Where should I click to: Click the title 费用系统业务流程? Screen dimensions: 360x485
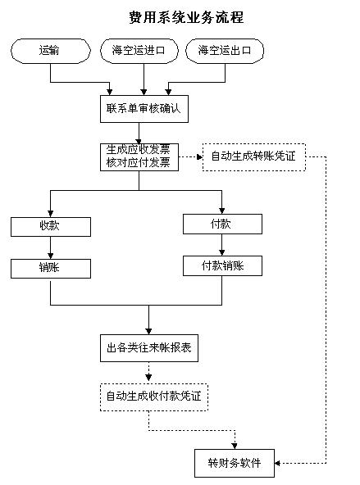point(186,17)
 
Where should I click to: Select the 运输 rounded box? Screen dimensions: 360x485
point(51,51)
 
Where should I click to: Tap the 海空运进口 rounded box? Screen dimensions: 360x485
point(139,51)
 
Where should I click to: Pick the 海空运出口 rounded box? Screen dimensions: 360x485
point(225,51)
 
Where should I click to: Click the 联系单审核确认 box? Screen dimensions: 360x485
point(144,109)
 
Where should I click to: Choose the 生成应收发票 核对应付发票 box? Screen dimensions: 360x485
point(139,156)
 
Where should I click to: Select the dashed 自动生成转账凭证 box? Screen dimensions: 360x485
point(254,156)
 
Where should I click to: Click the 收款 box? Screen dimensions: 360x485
point(51,227)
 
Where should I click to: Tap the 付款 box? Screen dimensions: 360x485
point(222,224)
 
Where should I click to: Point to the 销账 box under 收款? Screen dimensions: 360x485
point(51,269)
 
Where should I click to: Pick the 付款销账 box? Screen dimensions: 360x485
point(222,265)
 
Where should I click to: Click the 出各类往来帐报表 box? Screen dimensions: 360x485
point(149,348)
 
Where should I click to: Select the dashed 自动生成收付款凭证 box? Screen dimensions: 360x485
point(154,397)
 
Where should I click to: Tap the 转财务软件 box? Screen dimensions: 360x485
point(235,463)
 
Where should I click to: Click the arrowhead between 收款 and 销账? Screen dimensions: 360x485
point(51,256)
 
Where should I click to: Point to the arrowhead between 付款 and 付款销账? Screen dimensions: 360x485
point(221,252)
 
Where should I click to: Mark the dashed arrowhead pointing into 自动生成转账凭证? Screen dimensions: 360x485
point(199,156)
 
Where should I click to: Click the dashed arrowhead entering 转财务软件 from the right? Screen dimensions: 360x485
point(278,463)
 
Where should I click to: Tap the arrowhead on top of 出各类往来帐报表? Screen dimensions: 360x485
point(148,331)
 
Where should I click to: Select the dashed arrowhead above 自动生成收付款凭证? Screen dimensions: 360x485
point(148,378)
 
